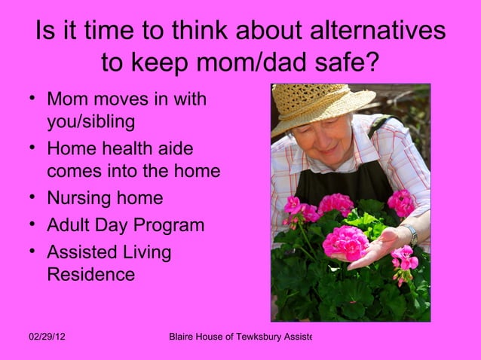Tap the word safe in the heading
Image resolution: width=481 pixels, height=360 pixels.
click(344, 66)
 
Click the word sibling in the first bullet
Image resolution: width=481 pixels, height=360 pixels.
click(109, 121)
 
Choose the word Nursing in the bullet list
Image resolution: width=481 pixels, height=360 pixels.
click(78, 198)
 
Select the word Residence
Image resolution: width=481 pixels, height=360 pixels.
click(91, 275)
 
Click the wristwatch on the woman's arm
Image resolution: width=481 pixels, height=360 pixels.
click(411, 233)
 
